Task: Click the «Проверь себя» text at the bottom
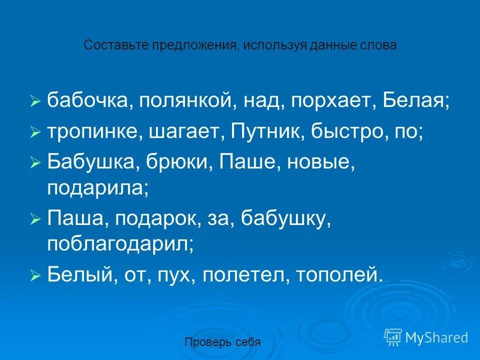pos(222,342)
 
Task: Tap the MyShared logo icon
pos(392,337)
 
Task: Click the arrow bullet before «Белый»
pos(34,276)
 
